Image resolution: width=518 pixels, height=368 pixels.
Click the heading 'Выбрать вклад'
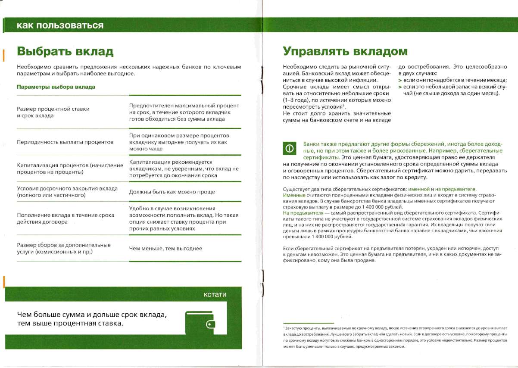[x=65, y=52]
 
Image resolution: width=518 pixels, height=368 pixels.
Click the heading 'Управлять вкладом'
[x=345, y=51]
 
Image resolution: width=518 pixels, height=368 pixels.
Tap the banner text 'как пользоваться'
[x=60, y=25]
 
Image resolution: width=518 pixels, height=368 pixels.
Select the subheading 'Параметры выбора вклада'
[x=56, y=87]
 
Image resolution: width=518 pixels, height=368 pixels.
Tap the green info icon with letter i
[x=290, y=149]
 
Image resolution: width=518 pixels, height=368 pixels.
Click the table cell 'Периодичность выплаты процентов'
[x=65, y=142]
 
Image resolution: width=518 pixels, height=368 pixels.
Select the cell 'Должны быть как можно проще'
[x=172, y=192]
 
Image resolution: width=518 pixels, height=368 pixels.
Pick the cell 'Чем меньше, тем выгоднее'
[x=165, y=248]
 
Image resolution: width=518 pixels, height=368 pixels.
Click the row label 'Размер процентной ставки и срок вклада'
[x=53, y=112]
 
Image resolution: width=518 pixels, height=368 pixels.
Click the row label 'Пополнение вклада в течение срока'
[x=66, y=218]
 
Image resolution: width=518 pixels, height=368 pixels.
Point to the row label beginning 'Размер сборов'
[x=64, y=248]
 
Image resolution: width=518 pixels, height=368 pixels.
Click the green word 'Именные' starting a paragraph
[x=294, y=195]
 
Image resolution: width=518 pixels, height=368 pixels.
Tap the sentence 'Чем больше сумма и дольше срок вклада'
[x=91, y=315]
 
